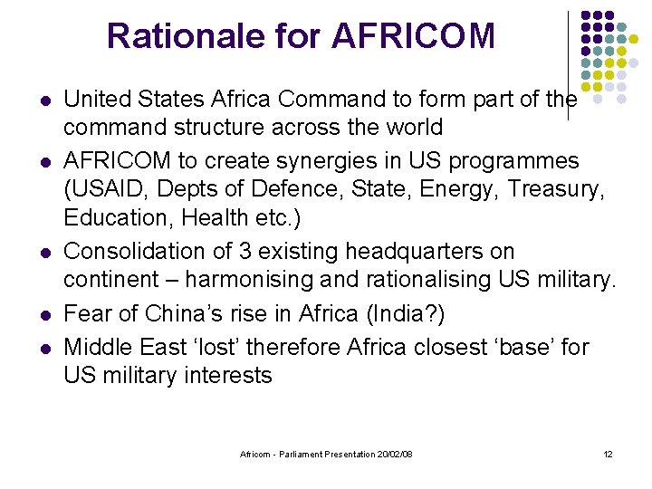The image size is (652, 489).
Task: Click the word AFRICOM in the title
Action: (414, 36)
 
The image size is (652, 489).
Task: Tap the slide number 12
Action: (608, 454)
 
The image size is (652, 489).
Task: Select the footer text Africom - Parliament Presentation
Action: (308, 454)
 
